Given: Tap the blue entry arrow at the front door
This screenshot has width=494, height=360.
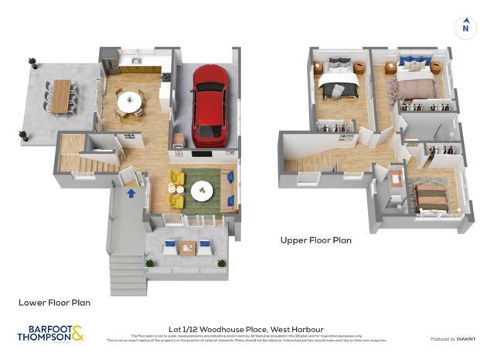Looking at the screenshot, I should tap(131, 192).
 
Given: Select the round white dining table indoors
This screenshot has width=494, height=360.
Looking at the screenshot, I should tap(130, 101).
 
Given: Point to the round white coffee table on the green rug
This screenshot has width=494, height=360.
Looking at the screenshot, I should tap(203, 189).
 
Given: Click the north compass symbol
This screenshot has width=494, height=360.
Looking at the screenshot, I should tap(465, 28).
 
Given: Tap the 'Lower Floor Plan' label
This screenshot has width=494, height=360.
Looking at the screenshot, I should tap(54, 303).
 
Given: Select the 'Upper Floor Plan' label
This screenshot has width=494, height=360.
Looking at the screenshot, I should tap(315, 240).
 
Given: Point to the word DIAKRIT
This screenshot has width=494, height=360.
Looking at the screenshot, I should tap(465, 339).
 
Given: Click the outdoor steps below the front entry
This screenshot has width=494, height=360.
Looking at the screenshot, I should tap(128, 274).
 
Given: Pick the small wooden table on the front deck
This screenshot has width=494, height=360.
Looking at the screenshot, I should tap(186, 248).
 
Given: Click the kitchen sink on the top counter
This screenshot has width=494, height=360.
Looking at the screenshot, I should tap(137, 60).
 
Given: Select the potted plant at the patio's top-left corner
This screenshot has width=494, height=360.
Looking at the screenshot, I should tap(32, 62).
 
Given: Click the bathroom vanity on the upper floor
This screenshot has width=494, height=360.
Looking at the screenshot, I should tap(395, 180).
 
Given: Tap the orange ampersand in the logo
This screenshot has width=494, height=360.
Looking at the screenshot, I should tap(77, 334).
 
